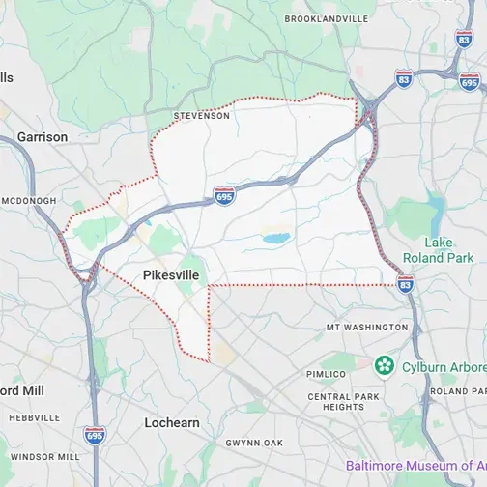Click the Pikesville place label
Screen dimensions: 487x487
(x=171, y=275)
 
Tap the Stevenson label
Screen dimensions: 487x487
(x=202, y=116)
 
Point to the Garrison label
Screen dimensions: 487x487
(x=43, y=137)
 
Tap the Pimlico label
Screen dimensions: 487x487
(x=325, y=374)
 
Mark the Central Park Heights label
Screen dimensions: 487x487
(x=336, y=402)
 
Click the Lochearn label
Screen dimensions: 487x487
(x=172, y=423)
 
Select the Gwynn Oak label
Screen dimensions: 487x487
(x=254, y=443)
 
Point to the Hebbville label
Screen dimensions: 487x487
(x=35, y=418)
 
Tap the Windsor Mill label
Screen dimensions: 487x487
(x=44, y=456)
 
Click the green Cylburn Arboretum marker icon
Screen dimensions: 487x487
(x=385, y=365)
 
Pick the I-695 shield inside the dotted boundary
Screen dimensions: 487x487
(x=224, y=196)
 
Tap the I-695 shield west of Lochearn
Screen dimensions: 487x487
(x=94, y=436)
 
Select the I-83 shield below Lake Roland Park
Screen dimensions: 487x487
(x=406, y=283)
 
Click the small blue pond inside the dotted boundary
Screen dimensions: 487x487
(x=276, y=237)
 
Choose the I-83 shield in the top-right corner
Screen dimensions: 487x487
(x=464, y=43)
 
